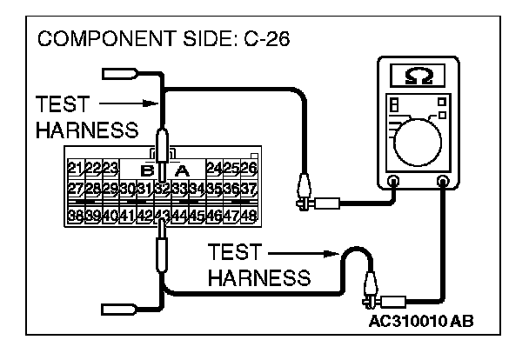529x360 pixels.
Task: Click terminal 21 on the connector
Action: pyautogui.click(x=75, y=167)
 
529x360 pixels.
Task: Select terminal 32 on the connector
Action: pyautogui.click(x=160, y=189)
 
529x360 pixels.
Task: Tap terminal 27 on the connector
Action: pyautogui.click(x=75, y=189)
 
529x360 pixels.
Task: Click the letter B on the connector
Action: pyautogui.click(x=147, y=169)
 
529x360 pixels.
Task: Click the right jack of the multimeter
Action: pyautogui.click(x=444, y=183)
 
